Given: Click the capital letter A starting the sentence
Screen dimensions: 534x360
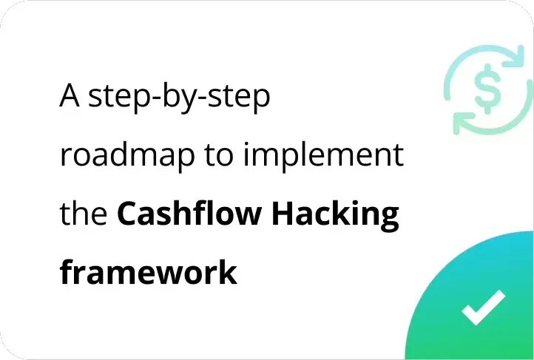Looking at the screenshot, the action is click(x=70, y=95).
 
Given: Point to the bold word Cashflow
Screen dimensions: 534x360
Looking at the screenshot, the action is click(x=189, y=213).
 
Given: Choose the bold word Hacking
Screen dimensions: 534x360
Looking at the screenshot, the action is click(x=336, y=215).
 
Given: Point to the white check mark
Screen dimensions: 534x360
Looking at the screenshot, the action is click(x=484, y=308).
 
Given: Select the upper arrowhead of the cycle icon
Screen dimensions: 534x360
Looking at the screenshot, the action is click(x=515, y=56).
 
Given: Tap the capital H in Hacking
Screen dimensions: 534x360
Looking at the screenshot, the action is click(x=283, y=213).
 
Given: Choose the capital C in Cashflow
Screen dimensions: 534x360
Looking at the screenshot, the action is click(x=127, y=213).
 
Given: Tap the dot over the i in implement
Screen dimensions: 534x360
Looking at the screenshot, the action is click(x=246, y=144).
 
